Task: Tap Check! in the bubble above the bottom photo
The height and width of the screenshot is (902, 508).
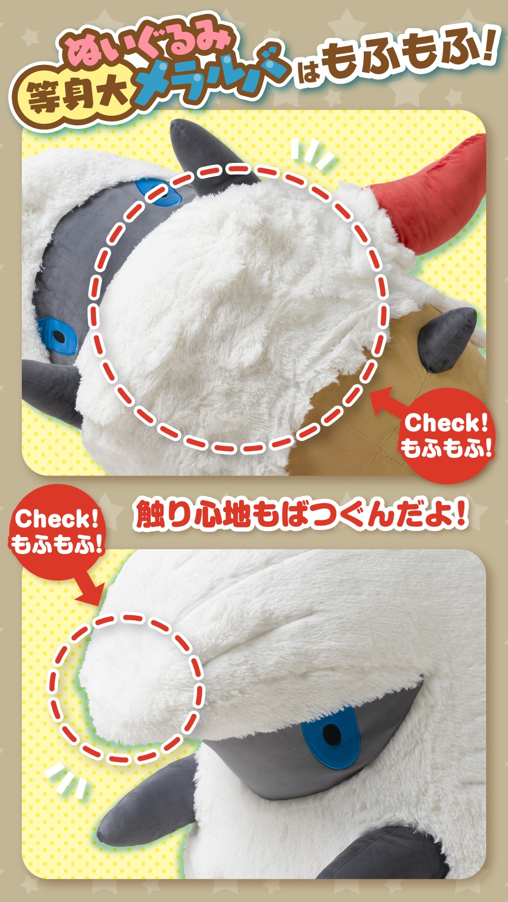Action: click(x=56, y=519)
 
